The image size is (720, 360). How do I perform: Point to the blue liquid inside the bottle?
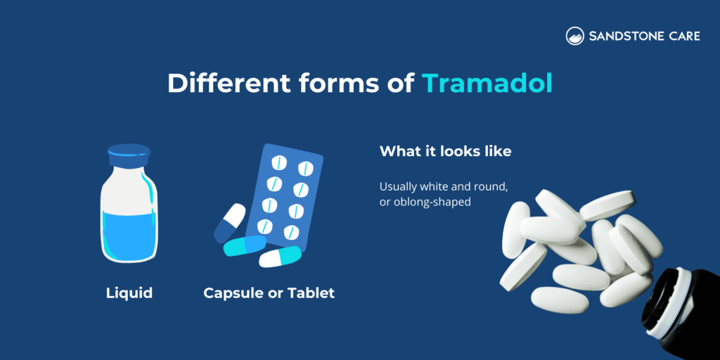click(128, 236)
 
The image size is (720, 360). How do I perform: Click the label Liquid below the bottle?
click(129, 292)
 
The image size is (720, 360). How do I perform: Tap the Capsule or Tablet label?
click(269, 292)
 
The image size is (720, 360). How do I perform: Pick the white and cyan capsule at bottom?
click(280, 257)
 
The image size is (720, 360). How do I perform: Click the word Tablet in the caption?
click(314, 292)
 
